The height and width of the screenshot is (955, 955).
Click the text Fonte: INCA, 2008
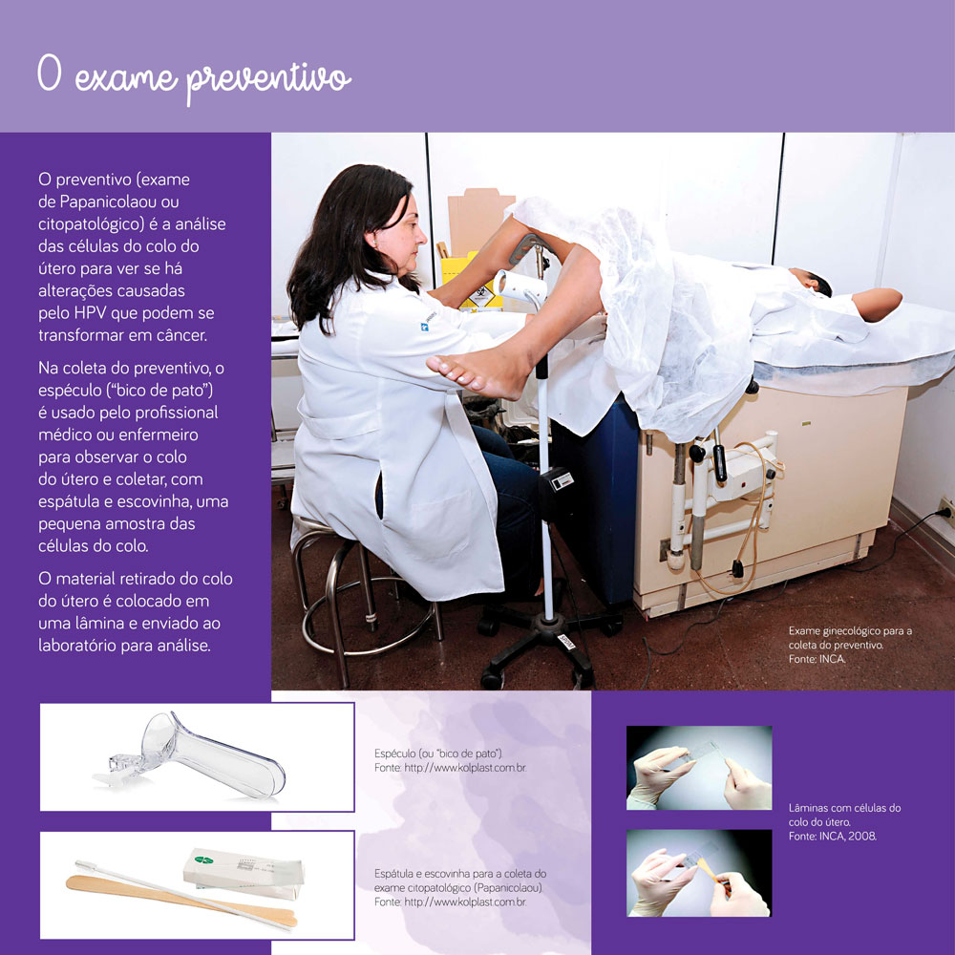pyautogui.click(x=832, y=836)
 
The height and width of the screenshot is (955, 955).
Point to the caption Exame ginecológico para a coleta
pyautogui.click(x=850, y=638)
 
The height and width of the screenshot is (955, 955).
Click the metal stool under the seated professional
pyautogui.click(x=353, y=592)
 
